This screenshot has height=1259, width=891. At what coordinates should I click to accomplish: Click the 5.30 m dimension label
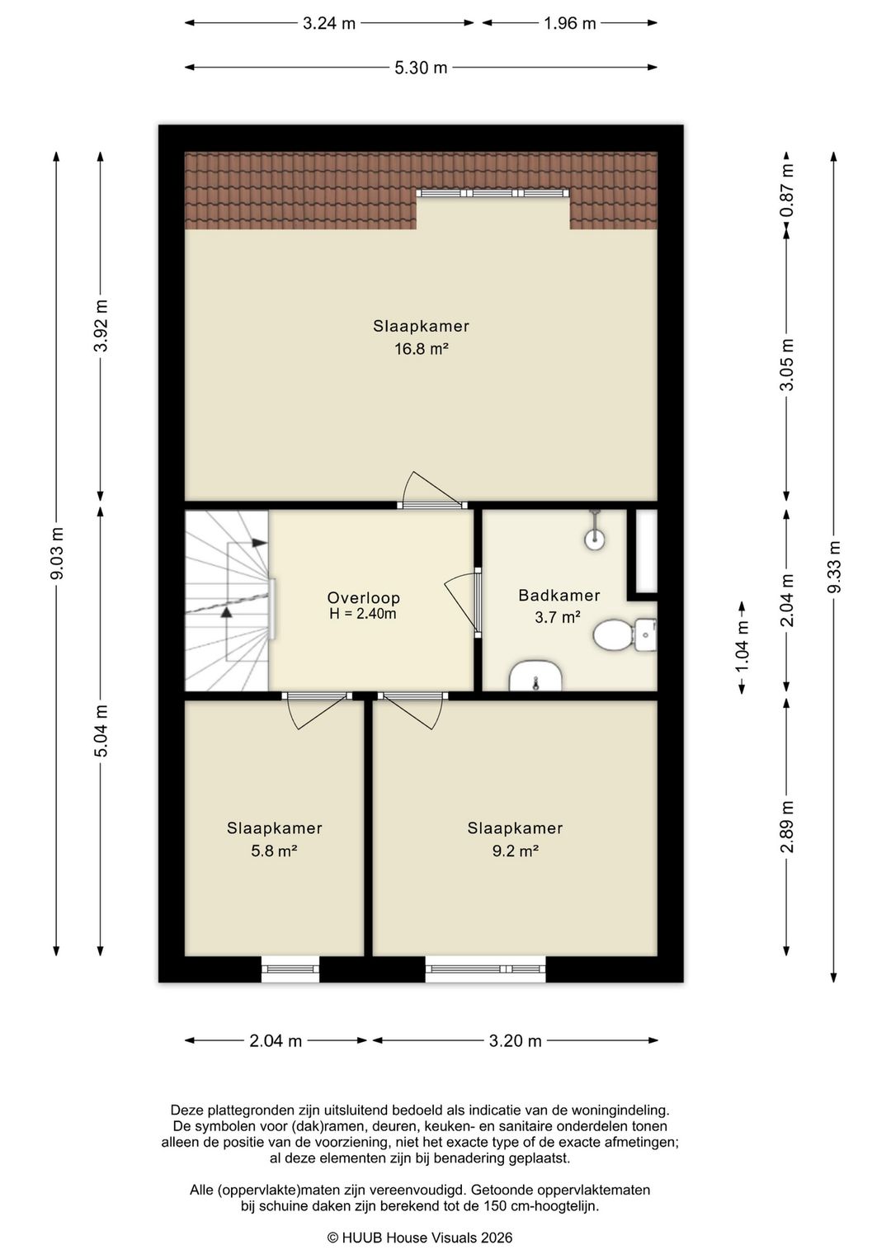[x=421, y=68]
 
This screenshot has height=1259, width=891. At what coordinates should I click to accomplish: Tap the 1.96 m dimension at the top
[x=569, y=23]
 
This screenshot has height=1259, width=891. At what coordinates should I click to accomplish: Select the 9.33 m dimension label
[x=833, y=567]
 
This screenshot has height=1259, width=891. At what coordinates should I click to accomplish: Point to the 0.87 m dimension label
[x=787, y=190]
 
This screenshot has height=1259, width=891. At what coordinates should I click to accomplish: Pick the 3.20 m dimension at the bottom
[x=515, y=1041]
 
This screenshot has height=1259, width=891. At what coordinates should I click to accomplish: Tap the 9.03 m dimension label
[x=57, y=553]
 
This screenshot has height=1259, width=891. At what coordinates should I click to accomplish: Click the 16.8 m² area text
[x=421, y=349]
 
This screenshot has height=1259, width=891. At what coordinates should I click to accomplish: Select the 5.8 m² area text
[x=275, y=851]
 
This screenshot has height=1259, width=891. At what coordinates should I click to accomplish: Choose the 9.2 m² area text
[x=516, y=851]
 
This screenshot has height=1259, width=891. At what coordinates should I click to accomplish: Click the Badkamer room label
[x=559, y=595]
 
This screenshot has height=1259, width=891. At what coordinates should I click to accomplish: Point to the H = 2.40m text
[x=362, y=614]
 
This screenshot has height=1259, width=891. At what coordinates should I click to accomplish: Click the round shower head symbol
[x=595, y=540]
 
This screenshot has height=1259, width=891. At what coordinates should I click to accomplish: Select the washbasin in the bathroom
[x=535, y=677]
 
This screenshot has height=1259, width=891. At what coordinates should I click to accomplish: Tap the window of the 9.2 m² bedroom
[x=485, y=969]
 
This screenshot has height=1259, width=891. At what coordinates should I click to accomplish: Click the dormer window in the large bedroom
[x=493, y=193]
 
